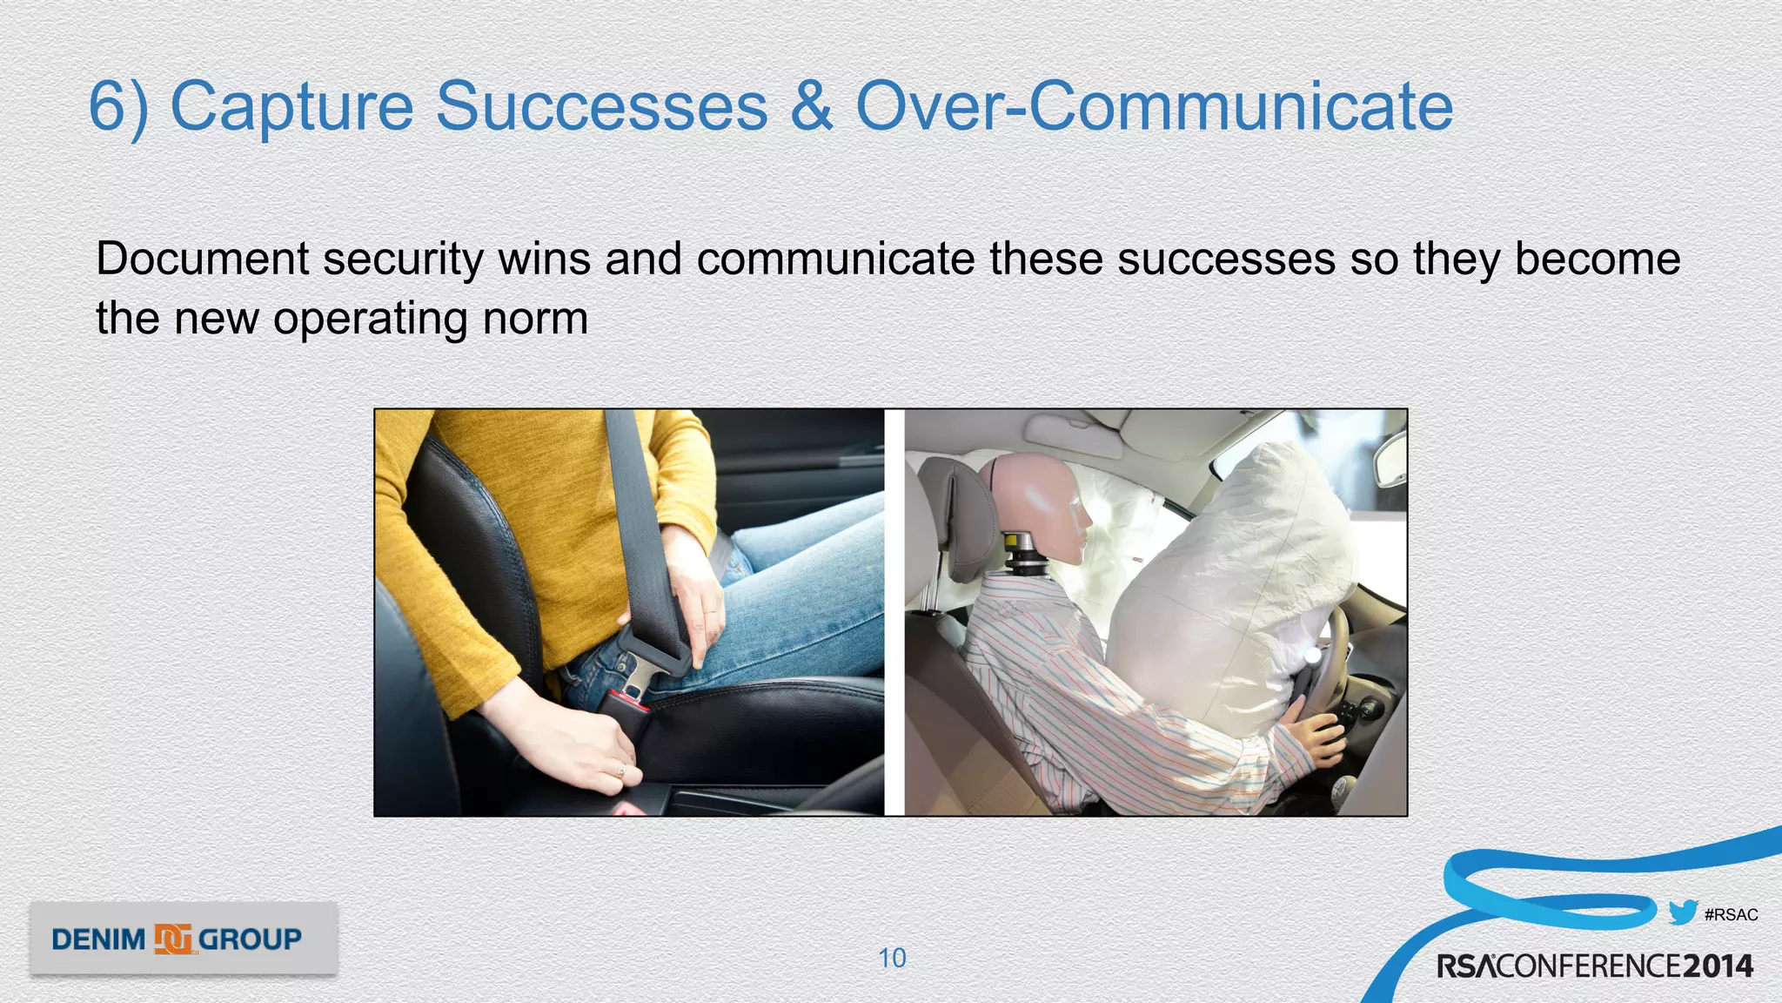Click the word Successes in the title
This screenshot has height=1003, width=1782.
(x=601, y=106)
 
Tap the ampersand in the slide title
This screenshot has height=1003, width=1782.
(x=811, y=106)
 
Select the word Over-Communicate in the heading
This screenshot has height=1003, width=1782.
(x=1154, y=106)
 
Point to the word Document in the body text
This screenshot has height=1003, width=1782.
(x=203, y=259)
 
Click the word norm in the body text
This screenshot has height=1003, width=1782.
(x=535, y=319)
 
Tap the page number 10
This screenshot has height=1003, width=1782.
(x=892, y=958)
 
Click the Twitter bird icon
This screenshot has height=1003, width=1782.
(x=1683, y=912)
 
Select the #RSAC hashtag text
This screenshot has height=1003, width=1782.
(x=1731, y=915)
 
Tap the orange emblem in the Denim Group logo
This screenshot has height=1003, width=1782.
(x=172, y=939)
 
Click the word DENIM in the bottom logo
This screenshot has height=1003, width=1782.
(x=98, y=939)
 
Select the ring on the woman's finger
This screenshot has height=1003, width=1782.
(x=621, y=770)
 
